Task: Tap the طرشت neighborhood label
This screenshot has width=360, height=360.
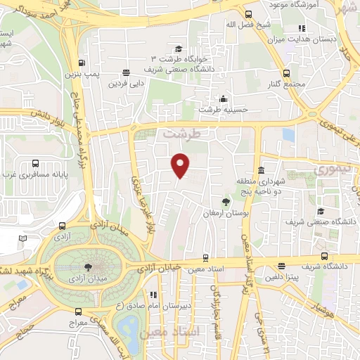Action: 181,132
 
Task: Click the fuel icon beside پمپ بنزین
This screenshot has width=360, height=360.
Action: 82,63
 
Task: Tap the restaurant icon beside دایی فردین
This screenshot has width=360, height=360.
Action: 126,72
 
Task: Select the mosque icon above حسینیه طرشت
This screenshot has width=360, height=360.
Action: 224,98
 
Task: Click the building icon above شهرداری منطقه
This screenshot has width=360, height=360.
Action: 261,171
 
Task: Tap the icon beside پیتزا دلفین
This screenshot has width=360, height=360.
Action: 281,266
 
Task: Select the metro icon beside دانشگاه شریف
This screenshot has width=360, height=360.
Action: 324,257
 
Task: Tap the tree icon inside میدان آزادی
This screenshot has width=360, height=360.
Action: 87,266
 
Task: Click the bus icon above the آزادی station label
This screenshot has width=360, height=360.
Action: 63,226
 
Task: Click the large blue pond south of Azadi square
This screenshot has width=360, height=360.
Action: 129,326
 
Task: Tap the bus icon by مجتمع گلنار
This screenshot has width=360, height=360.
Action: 286,73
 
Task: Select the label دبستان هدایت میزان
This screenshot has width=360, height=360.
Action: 326,40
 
